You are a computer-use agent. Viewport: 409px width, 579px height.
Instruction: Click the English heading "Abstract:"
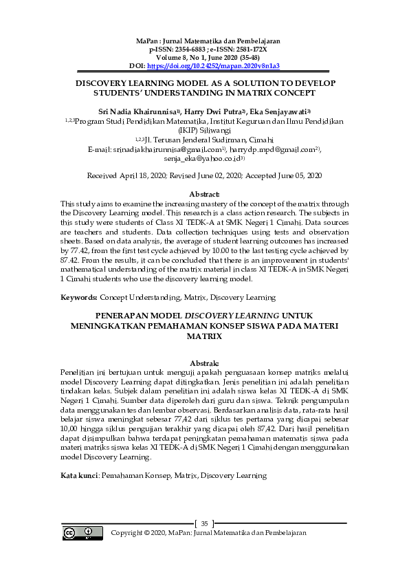click(204, 195)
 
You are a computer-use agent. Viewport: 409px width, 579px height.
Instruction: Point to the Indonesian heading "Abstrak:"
click(204, 362)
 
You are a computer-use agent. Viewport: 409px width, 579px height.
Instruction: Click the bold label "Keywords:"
click(78, 298)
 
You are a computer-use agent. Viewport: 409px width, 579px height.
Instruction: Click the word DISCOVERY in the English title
click(106, 81)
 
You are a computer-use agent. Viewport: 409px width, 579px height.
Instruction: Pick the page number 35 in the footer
click(204, 524)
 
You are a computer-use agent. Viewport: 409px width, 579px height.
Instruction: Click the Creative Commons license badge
click(79, 533)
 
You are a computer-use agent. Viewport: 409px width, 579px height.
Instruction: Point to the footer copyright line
click(208, 533)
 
